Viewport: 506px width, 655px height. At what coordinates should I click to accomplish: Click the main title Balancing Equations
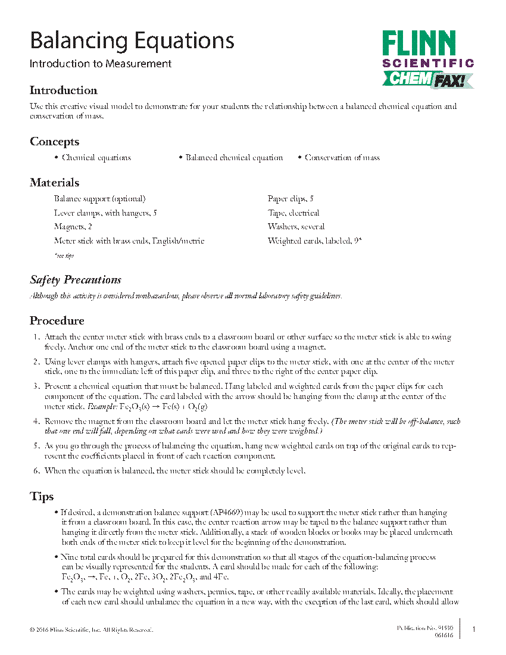point(132,41)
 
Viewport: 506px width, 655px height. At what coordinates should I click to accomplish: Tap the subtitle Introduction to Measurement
point(101,64)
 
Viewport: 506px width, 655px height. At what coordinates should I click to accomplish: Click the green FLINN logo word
point(419,45)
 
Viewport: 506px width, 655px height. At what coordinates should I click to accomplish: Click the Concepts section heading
point(54,142)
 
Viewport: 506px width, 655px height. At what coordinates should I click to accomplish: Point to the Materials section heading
point(54,183)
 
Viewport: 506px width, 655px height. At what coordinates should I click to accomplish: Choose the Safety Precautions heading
point(76,280)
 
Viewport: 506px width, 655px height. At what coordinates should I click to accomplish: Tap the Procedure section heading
point(57,321)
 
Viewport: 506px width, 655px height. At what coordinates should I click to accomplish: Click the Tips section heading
point(42,497)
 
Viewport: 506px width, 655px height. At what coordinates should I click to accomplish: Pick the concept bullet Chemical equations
point(96,158)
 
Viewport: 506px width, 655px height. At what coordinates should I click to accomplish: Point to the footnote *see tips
point(64,255)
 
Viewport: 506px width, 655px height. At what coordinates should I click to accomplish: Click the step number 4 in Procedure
point(36,422)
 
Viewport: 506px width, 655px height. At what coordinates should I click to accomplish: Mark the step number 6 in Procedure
point(36,471)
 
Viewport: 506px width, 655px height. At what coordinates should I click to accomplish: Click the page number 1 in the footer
point(474,629)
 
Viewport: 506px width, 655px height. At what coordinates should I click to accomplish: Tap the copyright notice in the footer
point(91,630)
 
